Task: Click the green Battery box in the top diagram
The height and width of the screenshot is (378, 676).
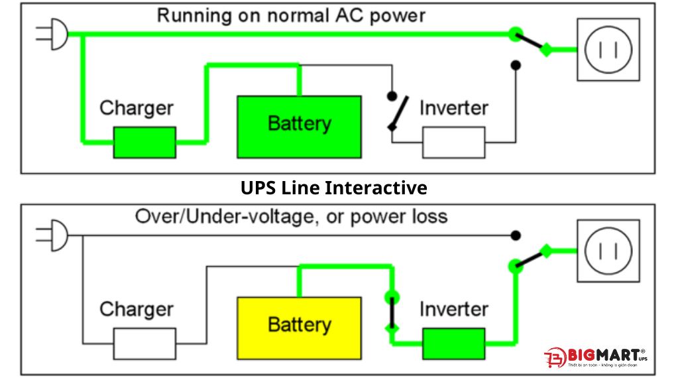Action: [299, 127]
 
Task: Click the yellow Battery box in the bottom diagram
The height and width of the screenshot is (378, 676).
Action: [299, 328]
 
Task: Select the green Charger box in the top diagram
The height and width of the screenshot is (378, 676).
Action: [144, 142]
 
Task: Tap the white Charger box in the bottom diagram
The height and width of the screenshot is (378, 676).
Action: [144, 343]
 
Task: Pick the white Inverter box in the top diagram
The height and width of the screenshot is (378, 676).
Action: [453, 142]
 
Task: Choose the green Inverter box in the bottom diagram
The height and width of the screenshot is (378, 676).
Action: [453, 343]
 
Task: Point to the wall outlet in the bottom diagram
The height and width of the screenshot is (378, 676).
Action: [608, 251]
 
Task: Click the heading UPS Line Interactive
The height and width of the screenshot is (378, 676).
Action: [333, 188]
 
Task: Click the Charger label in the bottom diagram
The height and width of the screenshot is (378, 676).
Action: [136, 309]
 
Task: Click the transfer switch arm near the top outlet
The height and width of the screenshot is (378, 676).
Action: [530, 41]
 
